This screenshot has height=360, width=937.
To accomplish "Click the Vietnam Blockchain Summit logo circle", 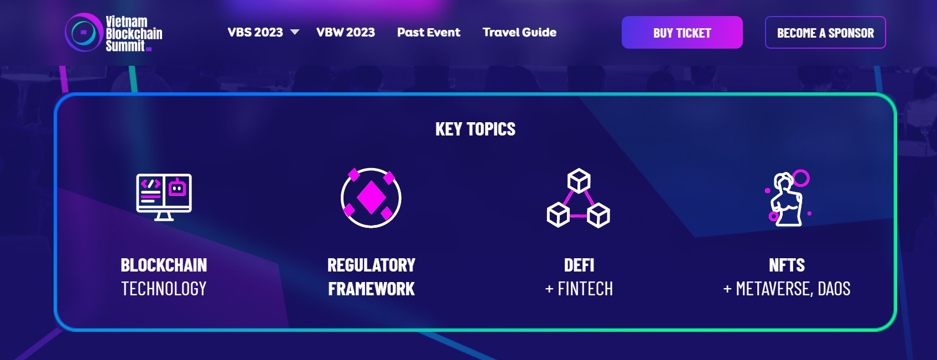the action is coord(84,32).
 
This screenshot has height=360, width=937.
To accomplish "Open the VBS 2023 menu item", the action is coord(255,32).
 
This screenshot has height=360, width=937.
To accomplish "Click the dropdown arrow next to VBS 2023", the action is coord(295,32).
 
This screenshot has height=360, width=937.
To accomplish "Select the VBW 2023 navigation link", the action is coord(346,32).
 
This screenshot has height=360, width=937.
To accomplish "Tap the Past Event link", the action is coord(429,32).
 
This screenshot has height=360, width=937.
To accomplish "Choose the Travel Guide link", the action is coord(519,32).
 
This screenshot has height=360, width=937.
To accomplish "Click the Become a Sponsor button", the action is coord(825,33).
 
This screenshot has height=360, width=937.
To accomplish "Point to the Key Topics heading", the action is coord(475,129).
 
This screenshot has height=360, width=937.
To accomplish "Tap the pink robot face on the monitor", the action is coord(177,187).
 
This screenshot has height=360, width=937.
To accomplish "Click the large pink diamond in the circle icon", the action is coord(371,197).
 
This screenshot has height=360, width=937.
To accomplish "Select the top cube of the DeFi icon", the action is coord(579,181).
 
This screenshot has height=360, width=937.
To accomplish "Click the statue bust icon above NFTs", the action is coord(787,199).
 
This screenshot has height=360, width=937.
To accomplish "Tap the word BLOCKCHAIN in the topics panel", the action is coord(164,265).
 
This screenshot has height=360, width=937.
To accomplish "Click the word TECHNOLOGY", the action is coord(164,289).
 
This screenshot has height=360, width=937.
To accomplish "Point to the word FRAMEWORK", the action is coord(372,289).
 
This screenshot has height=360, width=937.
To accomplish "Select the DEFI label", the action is coord(579,265).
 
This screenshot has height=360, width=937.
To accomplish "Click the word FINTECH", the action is coord(585,289).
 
